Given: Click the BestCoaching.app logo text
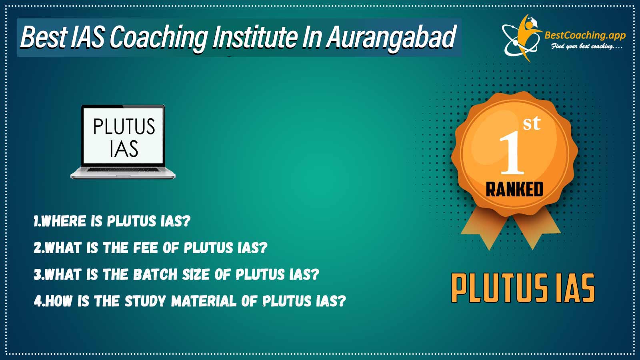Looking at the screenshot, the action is coord(585,36).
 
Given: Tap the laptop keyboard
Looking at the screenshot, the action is coord(123,170).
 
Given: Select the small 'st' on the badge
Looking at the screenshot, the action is coord(532,124).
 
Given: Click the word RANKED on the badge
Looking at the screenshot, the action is coord(514,190).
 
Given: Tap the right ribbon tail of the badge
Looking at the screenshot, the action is coord(537,228).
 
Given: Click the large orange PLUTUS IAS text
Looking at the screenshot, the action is coord(523,288).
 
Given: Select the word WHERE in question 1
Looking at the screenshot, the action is coord(64,221).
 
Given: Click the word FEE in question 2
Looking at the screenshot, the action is coord(145,248).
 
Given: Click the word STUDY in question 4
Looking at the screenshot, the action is coord(146,301).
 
